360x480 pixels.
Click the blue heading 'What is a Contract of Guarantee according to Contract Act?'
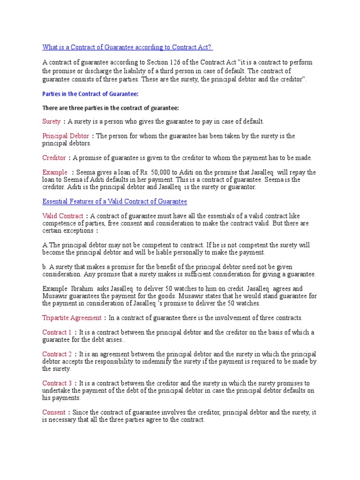(x=127, y=47)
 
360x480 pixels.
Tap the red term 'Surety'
(x=52, y=121)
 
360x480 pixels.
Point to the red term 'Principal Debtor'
(x=66, y=136)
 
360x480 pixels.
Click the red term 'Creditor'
(x=54, y=158)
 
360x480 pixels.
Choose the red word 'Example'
(x=55, y=172)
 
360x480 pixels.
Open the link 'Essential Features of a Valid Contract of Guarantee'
(x=114, y=202)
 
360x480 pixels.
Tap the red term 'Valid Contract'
(x=63, y=216)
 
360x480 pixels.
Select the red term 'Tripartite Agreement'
(x=72, y=318)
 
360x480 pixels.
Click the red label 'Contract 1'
(x=57, y=332)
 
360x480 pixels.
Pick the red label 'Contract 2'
(x=57, y=354)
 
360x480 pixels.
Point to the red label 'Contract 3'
(x=57, y=383)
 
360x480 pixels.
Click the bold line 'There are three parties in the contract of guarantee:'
(x=111, y=108)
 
